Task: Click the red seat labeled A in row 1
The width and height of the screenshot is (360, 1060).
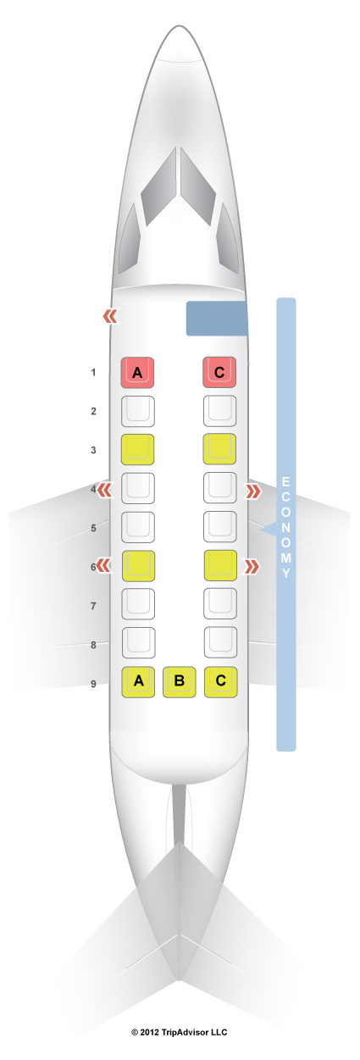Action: click(x=137, y=373)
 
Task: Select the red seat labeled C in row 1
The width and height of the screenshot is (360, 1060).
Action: click(x=219, y=372)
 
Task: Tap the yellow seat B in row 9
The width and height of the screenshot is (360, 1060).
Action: click(x=180, y=682)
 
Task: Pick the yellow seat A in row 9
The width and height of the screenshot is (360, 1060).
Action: click(x=139, y=682)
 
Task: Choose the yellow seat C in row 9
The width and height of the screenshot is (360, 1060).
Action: click(x=220, y=682)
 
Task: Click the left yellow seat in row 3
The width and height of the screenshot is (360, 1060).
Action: click(x=138, y=450)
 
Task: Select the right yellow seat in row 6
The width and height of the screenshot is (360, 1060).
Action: click(x=220, y=565)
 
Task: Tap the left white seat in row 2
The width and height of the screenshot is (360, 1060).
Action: click(x=138, y=411)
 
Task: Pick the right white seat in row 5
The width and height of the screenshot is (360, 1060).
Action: click(x=220, y=527)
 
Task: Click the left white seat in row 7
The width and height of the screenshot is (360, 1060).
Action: click(x=138, y=604)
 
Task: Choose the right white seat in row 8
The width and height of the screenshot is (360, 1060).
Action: click(x=220, y=642)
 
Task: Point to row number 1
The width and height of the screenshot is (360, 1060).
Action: click(x=93, y=373)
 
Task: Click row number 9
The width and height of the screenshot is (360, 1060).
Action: click(x=93, y=684)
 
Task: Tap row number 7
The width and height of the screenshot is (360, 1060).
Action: click(x=93, y=606)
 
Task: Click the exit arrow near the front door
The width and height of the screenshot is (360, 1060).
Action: click(x=111, y=317)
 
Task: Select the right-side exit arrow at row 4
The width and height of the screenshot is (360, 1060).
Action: click(x=253, y=491)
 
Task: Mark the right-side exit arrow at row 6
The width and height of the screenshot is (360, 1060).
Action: click(x=252, y=567)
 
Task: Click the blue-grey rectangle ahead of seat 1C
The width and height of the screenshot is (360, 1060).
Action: click(x=217, y=319)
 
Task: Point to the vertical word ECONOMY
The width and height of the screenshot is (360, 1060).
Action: click(x=285, y=527)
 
